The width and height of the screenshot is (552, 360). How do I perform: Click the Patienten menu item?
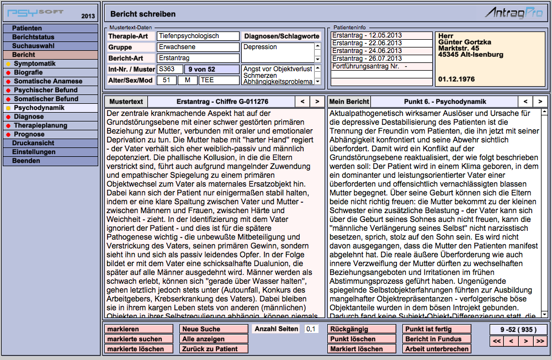tap(27, 28)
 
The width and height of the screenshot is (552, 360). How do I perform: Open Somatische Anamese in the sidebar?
tap(48, 81)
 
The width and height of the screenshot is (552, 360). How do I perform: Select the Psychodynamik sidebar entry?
tap(39, 108)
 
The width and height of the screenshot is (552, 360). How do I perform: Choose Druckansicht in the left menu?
tap(34, 143)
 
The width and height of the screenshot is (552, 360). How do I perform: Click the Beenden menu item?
tap(26, 161)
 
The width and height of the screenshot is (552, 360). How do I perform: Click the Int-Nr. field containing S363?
tap(169, 70)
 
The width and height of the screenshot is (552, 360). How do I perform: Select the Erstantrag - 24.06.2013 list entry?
tap(367, 50)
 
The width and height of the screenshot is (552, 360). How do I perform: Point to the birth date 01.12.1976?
tap(456, 80)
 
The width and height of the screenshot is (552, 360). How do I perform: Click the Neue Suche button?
tap(214, 329)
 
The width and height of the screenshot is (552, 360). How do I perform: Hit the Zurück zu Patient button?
tap(214, 349)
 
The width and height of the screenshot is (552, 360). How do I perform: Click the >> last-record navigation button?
tap(540, 341)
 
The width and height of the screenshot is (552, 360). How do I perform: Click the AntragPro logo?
tap(513, 13)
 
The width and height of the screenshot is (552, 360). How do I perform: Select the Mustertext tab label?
tap(126, 102)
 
